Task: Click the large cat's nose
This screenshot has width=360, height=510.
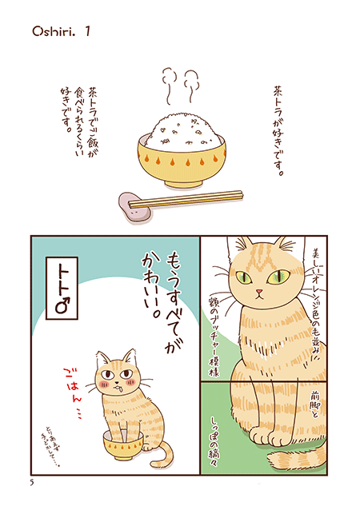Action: click(261, 295)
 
